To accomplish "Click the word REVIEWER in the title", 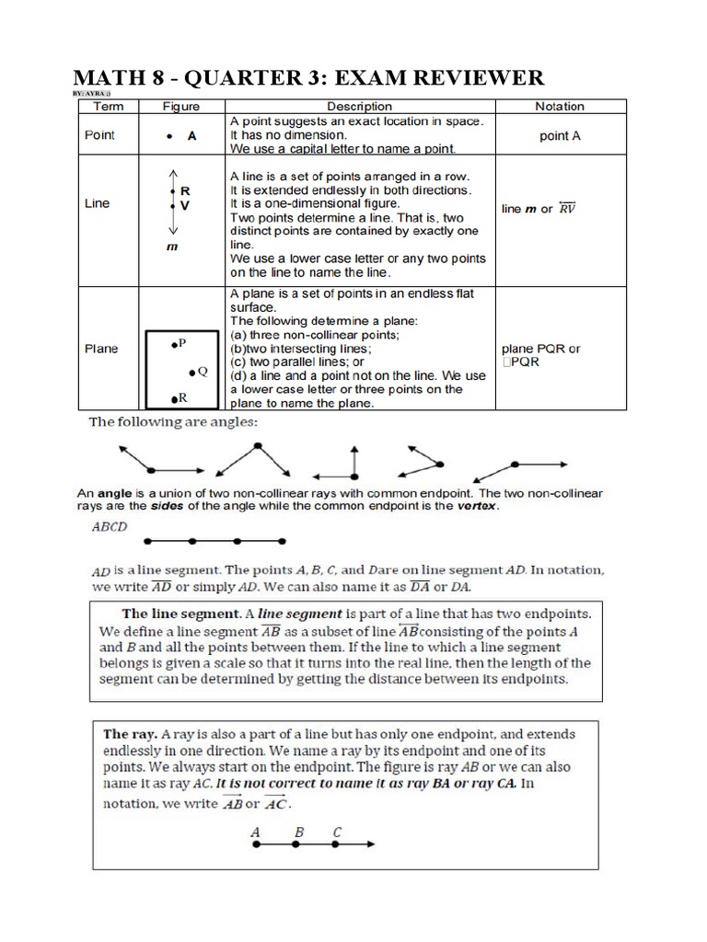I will click(x=466, y=76).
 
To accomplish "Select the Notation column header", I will click(x=559, y=107).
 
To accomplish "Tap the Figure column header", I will click(x=181, y=107).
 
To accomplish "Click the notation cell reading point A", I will click(x=560, y=135).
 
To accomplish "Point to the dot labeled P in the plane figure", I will click(x=172, y=344).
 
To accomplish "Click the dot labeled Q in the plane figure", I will click(x=191, y=372).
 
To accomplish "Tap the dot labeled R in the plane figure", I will click(x=173, y=398).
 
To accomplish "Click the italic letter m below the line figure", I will click(x=170, y=247).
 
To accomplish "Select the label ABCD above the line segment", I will click(x=110, y=527).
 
